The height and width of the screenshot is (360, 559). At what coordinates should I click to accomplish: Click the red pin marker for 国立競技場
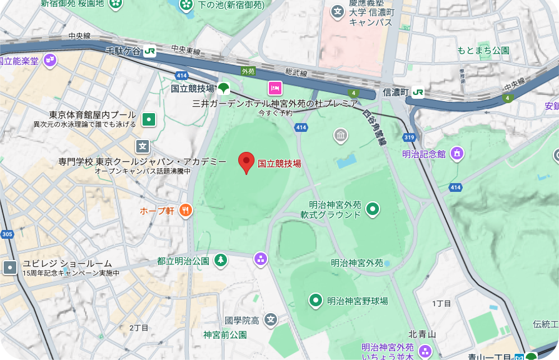click(246, 161)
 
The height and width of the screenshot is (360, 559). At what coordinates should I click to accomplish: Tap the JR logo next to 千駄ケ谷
click(149, 51)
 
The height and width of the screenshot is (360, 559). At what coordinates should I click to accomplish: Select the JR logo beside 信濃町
click(418, 92)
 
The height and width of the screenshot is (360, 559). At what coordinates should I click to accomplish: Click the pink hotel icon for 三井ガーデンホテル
click(274, 87)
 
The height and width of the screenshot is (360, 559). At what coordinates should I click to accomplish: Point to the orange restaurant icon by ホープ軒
click(186, 211)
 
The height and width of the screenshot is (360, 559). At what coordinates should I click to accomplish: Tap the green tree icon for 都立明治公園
click(220, 260)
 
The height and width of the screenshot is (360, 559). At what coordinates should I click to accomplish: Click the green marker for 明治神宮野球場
click(316, 301)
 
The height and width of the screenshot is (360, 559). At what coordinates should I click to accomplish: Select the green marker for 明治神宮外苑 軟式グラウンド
click(373, 209)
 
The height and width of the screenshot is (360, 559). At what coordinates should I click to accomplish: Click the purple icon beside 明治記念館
click(457, 153)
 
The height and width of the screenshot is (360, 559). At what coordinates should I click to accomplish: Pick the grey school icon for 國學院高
click(270, 320)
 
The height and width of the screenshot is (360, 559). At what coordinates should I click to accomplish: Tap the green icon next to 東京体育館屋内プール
click(149, 118)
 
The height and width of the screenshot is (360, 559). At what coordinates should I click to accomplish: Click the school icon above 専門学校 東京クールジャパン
click(143, 146)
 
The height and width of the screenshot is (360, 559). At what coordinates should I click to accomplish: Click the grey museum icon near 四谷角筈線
click(341, 134)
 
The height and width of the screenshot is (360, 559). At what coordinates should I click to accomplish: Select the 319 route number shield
click(410, 137)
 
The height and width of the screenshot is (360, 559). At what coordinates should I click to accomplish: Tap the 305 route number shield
click(7, 234)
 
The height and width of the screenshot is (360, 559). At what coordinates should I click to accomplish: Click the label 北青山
click(422, 334)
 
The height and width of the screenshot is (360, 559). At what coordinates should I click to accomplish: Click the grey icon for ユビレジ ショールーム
click(10, 267)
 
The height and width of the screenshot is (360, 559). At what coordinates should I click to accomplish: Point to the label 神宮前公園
click(225, 335)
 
